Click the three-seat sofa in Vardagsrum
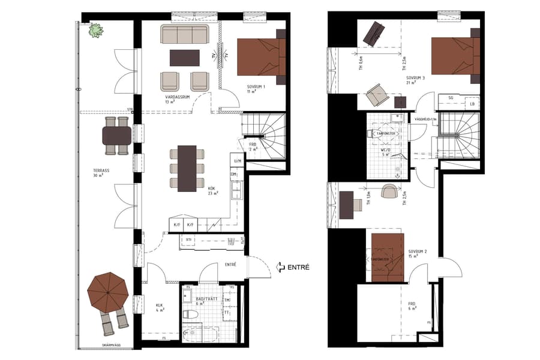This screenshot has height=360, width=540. [184, 34]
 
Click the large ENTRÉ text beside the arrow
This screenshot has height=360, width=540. [298, 267]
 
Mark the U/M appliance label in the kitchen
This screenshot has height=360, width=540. [238, 161]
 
